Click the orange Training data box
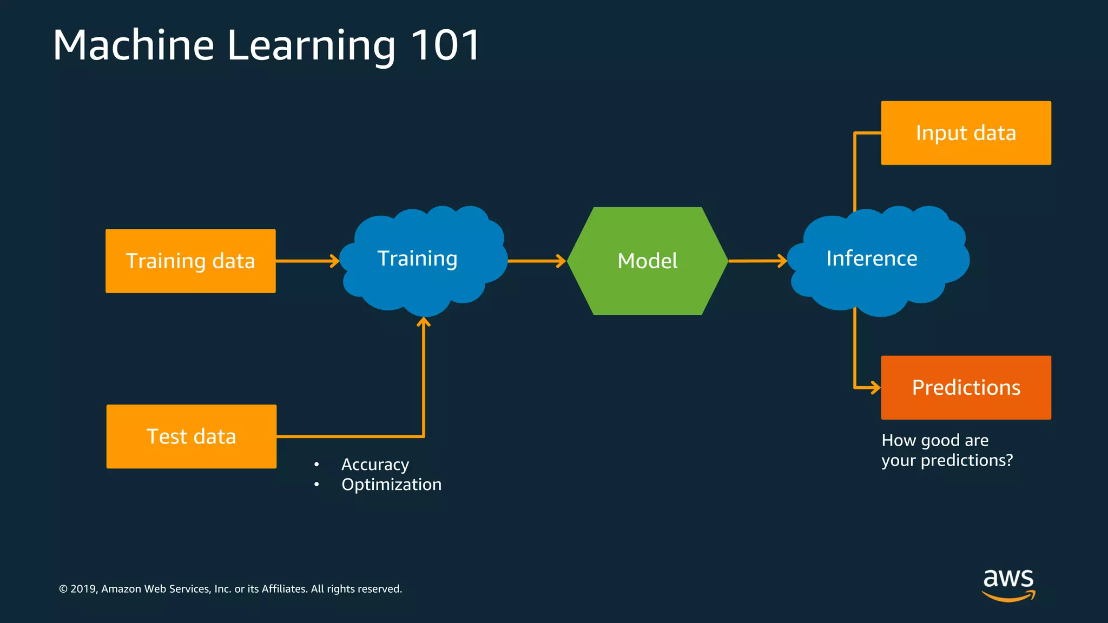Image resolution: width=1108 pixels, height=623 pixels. click(190, 261)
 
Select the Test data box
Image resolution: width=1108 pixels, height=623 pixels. click(191, 436)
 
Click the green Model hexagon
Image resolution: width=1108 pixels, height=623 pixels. click(648, 261)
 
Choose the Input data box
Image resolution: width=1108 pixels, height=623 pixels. click(966, 133)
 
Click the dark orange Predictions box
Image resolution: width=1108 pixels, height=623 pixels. click(966, 388)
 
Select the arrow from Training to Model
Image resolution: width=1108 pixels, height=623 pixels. click(536, 261)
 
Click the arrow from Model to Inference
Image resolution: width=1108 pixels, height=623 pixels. click(757, 261)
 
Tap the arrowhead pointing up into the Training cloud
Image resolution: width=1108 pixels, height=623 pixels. click(424, 323)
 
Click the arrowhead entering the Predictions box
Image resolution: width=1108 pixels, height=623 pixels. click(874, 388)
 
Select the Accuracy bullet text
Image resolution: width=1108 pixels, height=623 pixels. click(375, 465)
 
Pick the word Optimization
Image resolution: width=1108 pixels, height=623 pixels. click(391, 485)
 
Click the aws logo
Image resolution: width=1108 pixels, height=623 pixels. click(1008, 584)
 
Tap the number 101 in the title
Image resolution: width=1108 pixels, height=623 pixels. click(446, 45)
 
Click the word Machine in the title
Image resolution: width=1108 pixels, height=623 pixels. click(134, 45)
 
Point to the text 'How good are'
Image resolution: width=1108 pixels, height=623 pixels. click(935, 440)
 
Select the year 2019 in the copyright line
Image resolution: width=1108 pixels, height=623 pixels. click(83, 589)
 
